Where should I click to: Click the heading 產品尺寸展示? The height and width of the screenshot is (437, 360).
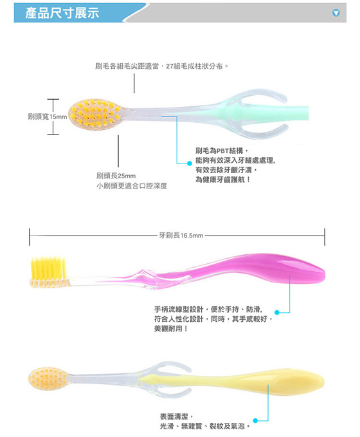tap(62, 13)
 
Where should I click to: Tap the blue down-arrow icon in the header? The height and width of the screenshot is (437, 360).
tap(336, 13)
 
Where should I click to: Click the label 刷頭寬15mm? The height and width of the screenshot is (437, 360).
tap(47, 116)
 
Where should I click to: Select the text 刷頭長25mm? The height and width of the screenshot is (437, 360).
tap(116, 176)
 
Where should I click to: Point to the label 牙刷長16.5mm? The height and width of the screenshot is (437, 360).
tap(181, 236)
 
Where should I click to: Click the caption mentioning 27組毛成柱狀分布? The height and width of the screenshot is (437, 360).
tap(162, 66)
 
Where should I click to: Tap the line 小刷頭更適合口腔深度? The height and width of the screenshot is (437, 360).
tap(132, 186)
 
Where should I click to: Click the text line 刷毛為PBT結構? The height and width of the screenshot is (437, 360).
tap(220, 151)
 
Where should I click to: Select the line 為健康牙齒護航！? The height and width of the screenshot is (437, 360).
tap(222, 180)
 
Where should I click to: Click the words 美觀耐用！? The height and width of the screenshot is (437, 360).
tap(171, 329)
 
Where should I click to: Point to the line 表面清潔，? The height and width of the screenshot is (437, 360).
tap(176, 416)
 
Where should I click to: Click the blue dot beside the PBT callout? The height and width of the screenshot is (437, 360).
tap(190, 163)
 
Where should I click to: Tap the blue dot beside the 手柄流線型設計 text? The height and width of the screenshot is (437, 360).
tap(277, 312)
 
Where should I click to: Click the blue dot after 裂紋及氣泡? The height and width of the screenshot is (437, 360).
tap(255, 420)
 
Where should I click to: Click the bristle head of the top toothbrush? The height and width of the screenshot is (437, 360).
tap(95, 113)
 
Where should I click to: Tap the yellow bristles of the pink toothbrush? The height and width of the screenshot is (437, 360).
tap(48, 268)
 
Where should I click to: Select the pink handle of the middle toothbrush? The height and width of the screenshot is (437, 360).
tap(251, 268)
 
